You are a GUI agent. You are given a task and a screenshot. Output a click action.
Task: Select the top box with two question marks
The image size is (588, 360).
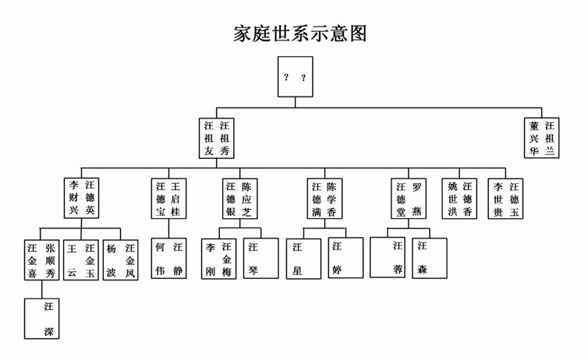(x=295, y=76)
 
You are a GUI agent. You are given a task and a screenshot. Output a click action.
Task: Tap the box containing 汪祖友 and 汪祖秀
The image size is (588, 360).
(x=217, y=138)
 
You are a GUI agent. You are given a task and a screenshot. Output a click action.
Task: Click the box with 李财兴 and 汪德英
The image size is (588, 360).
(x=83, y=199)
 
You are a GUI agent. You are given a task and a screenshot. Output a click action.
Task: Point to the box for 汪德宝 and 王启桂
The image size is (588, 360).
(x=168, y=199)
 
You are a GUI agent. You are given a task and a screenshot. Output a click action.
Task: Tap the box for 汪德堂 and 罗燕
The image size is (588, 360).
(x=409, y=199)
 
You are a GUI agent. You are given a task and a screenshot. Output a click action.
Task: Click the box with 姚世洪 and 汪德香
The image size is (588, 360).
(x=460, y=199)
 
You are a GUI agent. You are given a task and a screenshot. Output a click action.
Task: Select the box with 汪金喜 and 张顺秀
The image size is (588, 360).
(x=42, y=260)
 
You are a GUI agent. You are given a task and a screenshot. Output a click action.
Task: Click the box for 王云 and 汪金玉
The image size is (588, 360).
(x=82, y=260)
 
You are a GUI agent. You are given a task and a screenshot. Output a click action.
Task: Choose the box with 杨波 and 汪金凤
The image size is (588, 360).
(x=122, y=260)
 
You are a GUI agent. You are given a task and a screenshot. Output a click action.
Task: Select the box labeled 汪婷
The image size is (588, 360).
(x=345, y=258)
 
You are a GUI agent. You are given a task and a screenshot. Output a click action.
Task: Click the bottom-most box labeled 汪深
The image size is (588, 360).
(x=42, y=319)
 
